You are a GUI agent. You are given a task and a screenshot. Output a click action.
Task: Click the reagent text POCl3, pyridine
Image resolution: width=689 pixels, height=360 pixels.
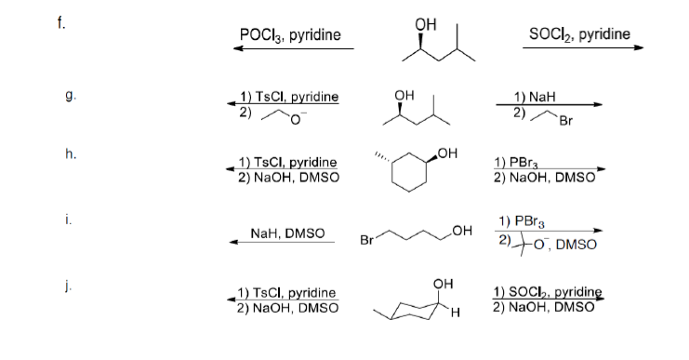tap(290, 35)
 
